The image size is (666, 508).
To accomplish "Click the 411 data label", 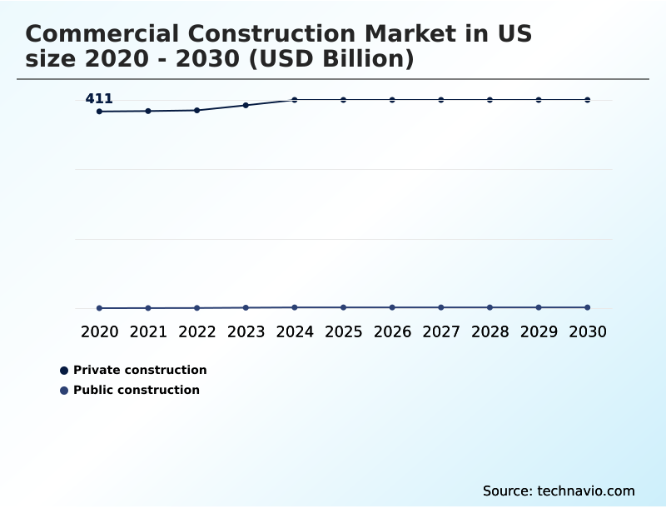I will click(99, 99).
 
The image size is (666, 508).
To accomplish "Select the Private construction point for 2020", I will click(99, 112).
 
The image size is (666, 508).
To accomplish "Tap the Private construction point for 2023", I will click(246, 105).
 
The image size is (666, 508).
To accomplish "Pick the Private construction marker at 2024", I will click(295, 100).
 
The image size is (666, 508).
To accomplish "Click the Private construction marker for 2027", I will click(441, 100).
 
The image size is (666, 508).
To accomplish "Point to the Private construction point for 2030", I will click(588, 100).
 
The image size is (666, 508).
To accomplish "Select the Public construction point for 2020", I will click(99, 308).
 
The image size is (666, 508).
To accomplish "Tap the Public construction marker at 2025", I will click(343, 307).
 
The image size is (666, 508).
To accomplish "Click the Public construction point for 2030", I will click(588, 307).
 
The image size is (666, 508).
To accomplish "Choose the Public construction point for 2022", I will click(197, 308).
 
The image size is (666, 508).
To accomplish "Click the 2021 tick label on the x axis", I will click(148, 331).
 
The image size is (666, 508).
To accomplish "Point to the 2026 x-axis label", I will click(392, 331).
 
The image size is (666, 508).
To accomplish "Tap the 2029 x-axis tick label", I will click(539, 331).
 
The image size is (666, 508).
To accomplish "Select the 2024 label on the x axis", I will click(295, 331).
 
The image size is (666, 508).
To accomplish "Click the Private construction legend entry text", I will click(140, 370).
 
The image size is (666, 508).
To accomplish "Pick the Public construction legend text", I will click(137, 390).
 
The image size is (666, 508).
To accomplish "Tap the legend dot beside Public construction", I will click(64, 391).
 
